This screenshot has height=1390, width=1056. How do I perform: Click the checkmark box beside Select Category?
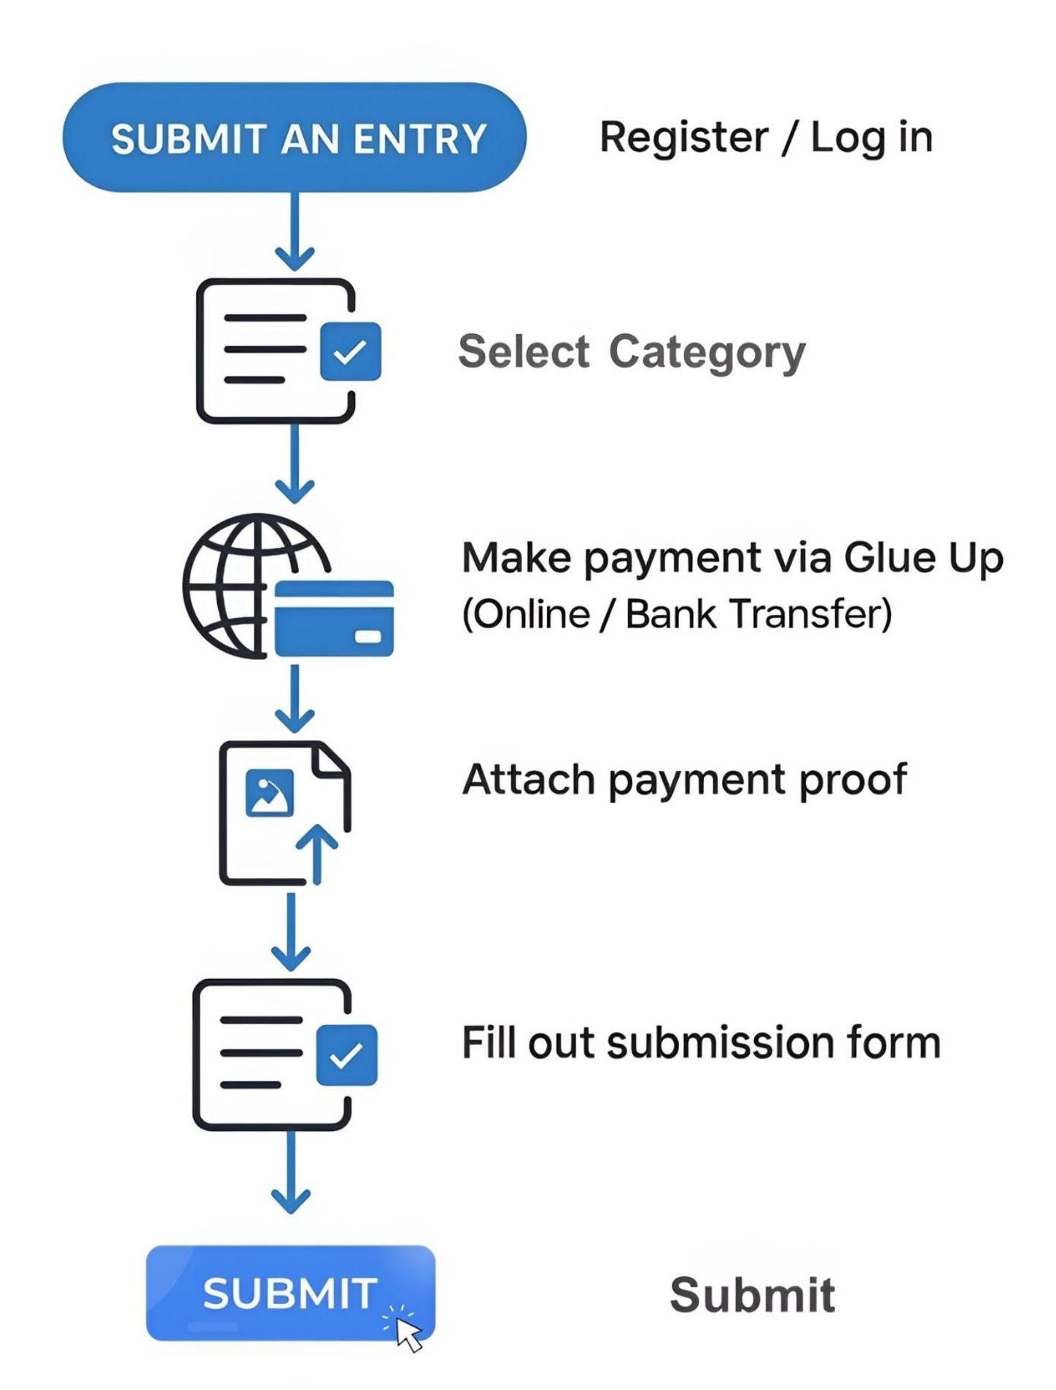click(x=350, y=352)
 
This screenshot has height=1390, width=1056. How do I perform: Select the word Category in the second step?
click(x=707, y=353)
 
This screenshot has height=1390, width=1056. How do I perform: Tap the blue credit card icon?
click(x=334, y=618)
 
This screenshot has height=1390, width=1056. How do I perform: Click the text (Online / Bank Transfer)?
click(x=677, y=613)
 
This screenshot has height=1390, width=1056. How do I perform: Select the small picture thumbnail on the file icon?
click(x=270, y=793)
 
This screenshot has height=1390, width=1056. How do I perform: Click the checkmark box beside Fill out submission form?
click(x=346, y=1055)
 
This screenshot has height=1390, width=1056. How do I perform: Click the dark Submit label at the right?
click(x=752, y=1295)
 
